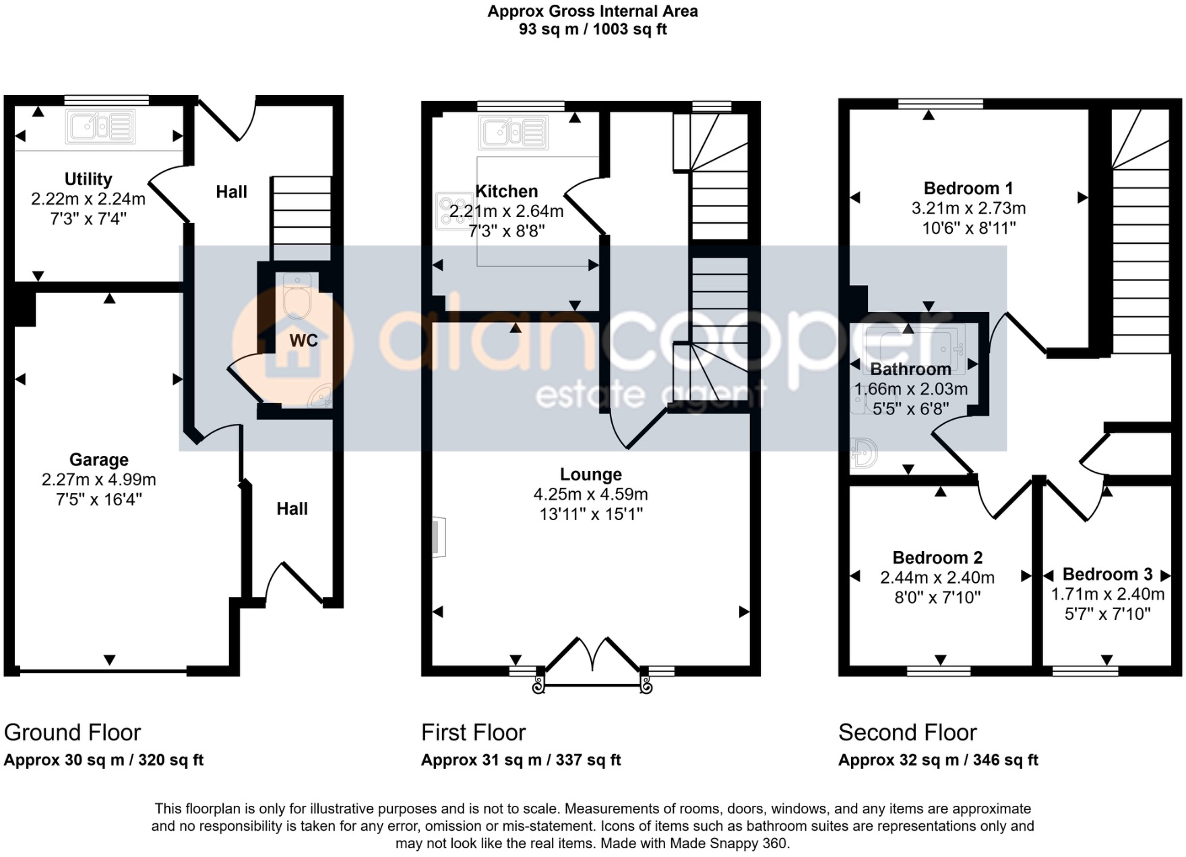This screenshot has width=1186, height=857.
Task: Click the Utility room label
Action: coord(88,179)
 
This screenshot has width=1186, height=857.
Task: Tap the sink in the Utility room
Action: coord(100,127)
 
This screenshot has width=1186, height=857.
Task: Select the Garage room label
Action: coord(98,460)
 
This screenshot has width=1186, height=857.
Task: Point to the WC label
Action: coord(303,341)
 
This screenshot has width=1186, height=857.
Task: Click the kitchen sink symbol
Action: coord(513,132)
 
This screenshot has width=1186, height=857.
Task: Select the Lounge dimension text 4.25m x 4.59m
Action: coord(590,495)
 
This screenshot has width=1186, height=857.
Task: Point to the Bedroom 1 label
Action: coord(968,189)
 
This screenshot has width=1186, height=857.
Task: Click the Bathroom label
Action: coord(910,370)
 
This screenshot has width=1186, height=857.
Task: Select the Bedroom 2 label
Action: coord(937,558)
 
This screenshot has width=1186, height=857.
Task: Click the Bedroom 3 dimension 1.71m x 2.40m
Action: coord(1107,594)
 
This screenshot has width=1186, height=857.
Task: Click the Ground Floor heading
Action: coord(72,732)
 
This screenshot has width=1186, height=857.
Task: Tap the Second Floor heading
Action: coord(907,732)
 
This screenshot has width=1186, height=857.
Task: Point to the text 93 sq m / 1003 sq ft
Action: coord(592,30)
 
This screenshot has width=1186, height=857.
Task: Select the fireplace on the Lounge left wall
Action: coord(438,537)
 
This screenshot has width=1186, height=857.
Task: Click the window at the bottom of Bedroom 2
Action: coord(939,670)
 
